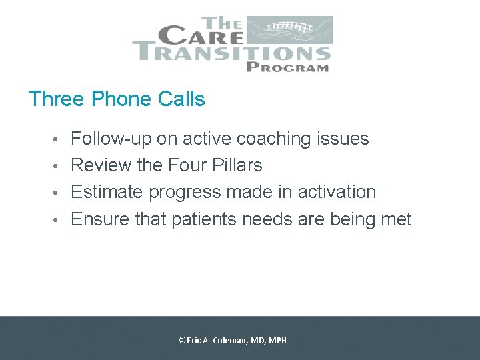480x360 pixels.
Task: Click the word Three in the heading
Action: pyautogui.click(x=57, y=99)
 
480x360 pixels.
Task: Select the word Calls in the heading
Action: pyautogui.click(x=181, y=99)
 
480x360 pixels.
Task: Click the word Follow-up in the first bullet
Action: pyautogui.click(x=111, y=139)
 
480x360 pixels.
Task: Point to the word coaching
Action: pyautogui.click(x=274, y=139)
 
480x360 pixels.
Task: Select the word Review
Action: pyautogui.click(x=101, y=165)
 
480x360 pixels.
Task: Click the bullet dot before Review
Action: pyautogui.click(x=61, y=166)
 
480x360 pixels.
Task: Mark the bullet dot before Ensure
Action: pyautogui.click(x=61, y=219)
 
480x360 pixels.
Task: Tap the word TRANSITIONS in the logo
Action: pyautogui.click(x=231, y=51)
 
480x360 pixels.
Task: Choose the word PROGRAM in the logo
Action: pyautogui.click(x=287, y=66)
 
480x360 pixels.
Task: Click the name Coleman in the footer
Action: pyautogui.click(x=230, y=340)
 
